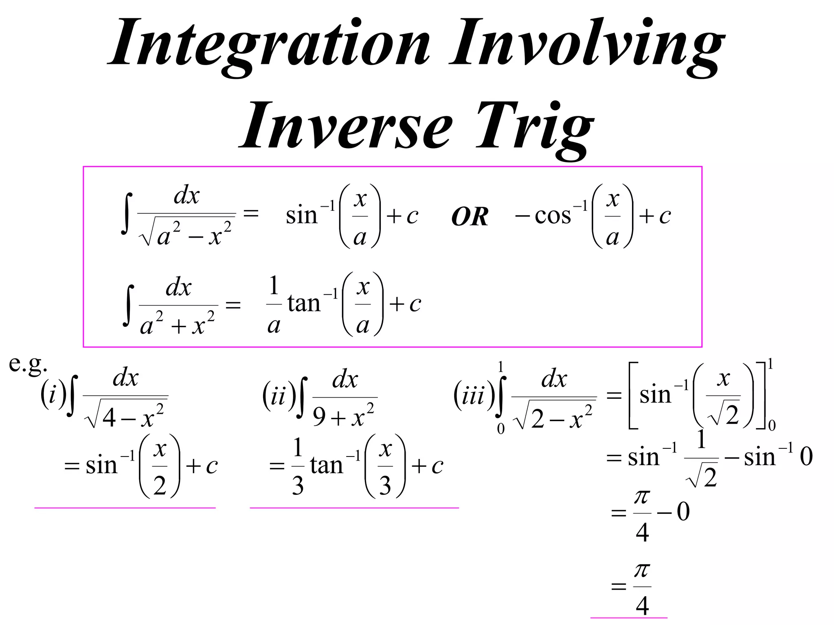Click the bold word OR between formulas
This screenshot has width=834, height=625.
(x=470, y=216)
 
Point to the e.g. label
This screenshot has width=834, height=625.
(x=28, y=364)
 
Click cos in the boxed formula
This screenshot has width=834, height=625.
(x=553, y=216)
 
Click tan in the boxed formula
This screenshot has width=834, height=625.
(x=304, y=304)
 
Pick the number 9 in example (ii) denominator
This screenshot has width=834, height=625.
(x=320, y=416)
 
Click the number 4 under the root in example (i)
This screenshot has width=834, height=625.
(x=109, y=417)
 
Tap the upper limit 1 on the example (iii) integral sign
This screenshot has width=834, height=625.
(x=500, y=367)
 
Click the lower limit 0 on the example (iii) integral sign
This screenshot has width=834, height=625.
(x=500, y=429)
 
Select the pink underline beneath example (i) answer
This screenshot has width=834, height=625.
(x=125, y=508)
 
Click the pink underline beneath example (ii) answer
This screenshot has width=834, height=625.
(x=354, y=508)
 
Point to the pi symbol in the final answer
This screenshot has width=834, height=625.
(x=642, y=570)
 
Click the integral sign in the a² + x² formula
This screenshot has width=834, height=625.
(x=129, y=305)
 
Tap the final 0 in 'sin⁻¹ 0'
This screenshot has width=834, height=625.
(x=806, y=457)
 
